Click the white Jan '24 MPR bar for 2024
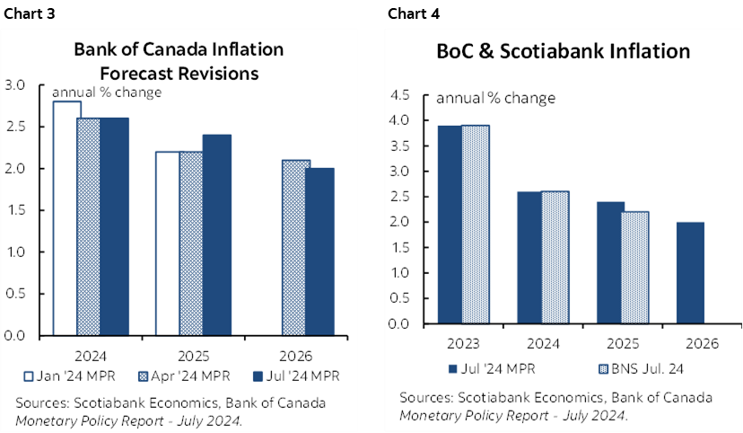(66, 218)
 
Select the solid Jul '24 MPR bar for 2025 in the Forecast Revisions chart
(216, 235)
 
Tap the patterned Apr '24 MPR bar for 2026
(294, 248)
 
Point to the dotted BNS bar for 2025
(635, 268)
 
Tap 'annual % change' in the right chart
(495, 98)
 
